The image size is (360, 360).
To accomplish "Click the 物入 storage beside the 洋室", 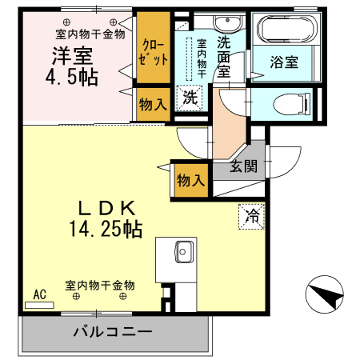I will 152,104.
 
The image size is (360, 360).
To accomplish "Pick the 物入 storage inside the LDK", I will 190,180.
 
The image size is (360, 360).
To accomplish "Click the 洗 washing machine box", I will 190,97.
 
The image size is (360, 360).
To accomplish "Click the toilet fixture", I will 290,102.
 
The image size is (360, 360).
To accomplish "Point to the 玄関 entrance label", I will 244,166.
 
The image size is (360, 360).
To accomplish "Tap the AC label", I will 39,294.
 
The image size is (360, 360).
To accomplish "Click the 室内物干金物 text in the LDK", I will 100,285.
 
